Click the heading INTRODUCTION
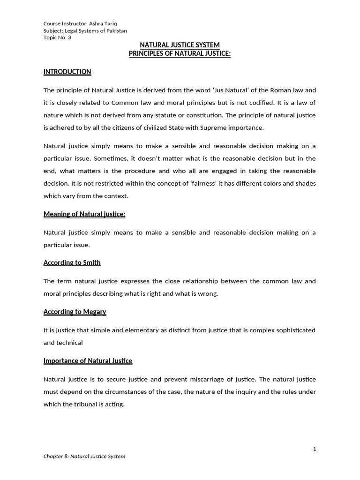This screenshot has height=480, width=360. pos(67,72)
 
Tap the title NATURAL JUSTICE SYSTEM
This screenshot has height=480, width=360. pos(180,45)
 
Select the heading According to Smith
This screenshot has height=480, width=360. pos(72,262)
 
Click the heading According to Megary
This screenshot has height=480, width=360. pos(75,312)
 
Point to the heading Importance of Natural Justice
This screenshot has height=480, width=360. pos(88,361)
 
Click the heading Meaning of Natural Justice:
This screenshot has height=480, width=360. pos(84,214)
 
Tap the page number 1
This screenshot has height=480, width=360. pos(315,449)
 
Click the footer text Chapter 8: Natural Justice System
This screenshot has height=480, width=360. pos(84,456)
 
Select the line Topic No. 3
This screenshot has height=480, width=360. pos(57,38)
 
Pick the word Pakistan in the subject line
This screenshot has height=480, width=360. pos(115,31)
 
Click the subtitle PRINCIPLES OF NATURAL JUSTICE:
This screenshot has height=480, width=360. pos(180,53)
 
